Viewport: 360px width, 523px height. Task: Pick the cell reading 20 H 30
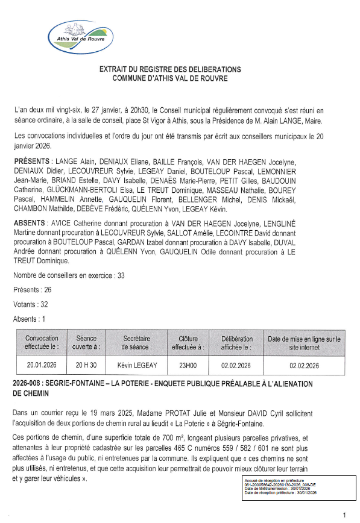87,365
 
